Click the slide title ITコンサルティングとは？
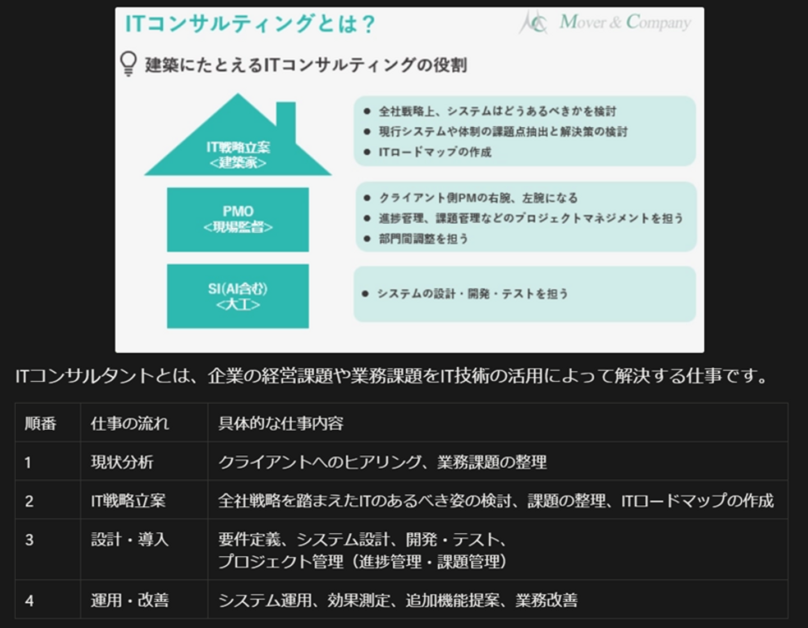pos(250,24)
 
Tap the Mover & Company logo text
pos(625,22)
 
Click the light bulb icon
pos(128,63)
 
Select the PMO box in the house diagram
pos(238,219)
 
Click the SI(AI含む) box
pos(238,296)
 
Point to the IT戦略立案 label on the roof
pos(238,147)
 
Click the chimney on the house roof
pos(286,118)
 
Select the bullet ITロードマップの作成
pos(435,152)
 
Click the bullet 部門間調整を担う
pos(423,239)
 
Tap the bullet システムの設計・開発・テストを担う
pos(472,294)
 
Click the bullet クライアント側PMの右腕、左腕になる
pos(478,198)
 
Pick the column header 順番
pos(40,423)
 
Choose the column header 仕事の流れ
pos(130,423)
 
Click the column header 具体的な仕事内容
pos(281,423)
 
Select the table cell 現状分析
pos(122,462)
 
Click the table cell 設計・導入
pos(130,539)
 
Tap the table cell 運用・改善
pos(130,600)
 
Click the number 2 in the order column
pos(29,501)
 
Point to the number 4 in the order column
pos(29,601)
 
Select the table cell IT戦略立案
pos(128,501)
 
